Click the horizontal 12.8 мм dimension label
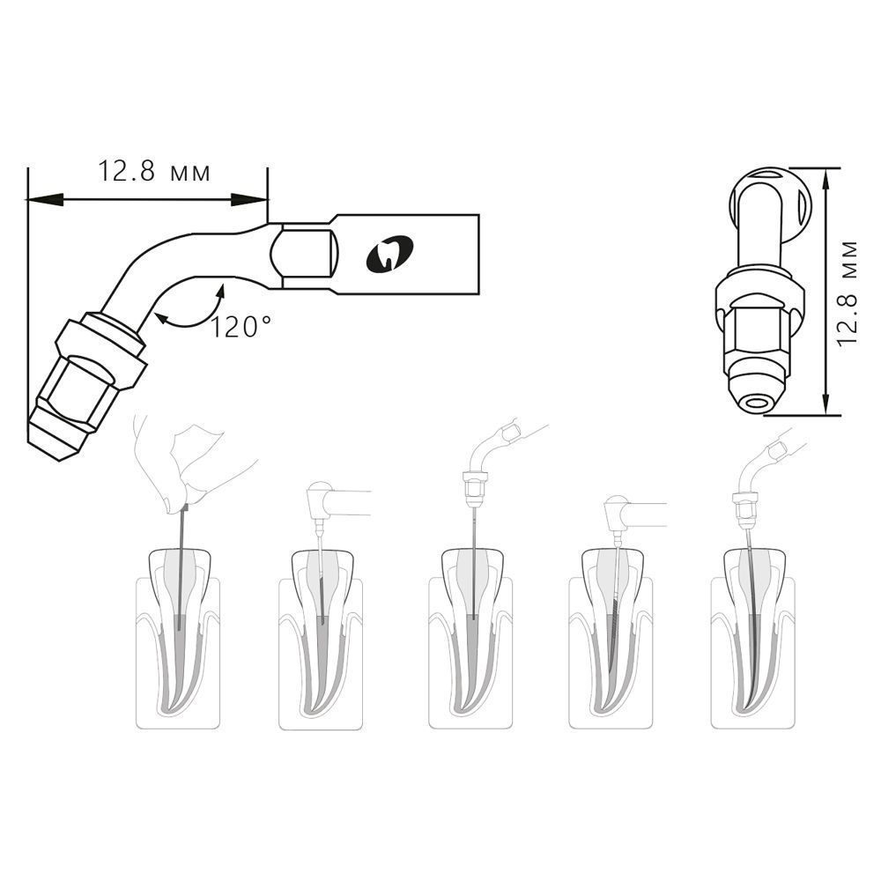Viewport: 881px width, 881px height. click(154, 172)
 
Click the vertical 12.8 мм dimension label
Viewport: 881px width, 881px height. click(847, 292)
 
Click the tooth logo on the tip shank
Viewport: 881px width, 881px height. click(389, 255)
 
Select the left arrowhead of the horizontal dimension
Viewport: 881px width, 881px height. click(45, 199)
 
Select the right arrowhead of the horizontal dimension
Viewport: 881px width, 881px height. click(249, 199)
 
